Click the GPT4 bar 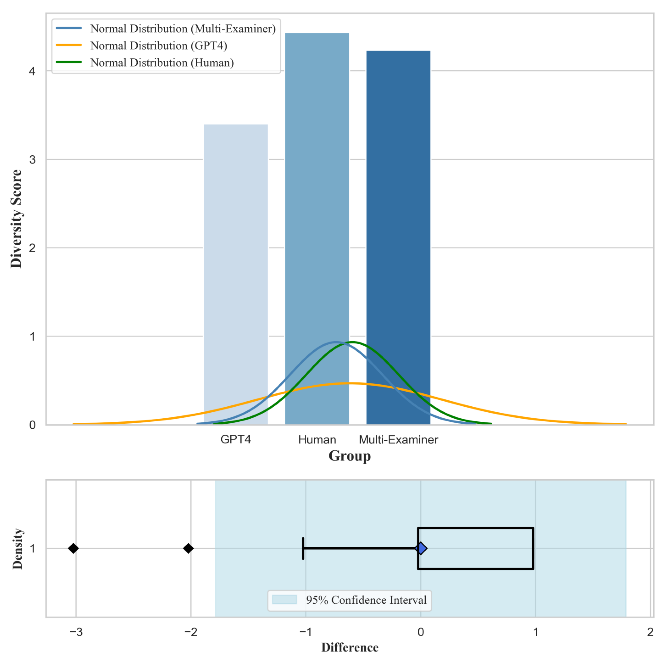[x=236, y=241]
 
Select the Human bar [x=317, y=207]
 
